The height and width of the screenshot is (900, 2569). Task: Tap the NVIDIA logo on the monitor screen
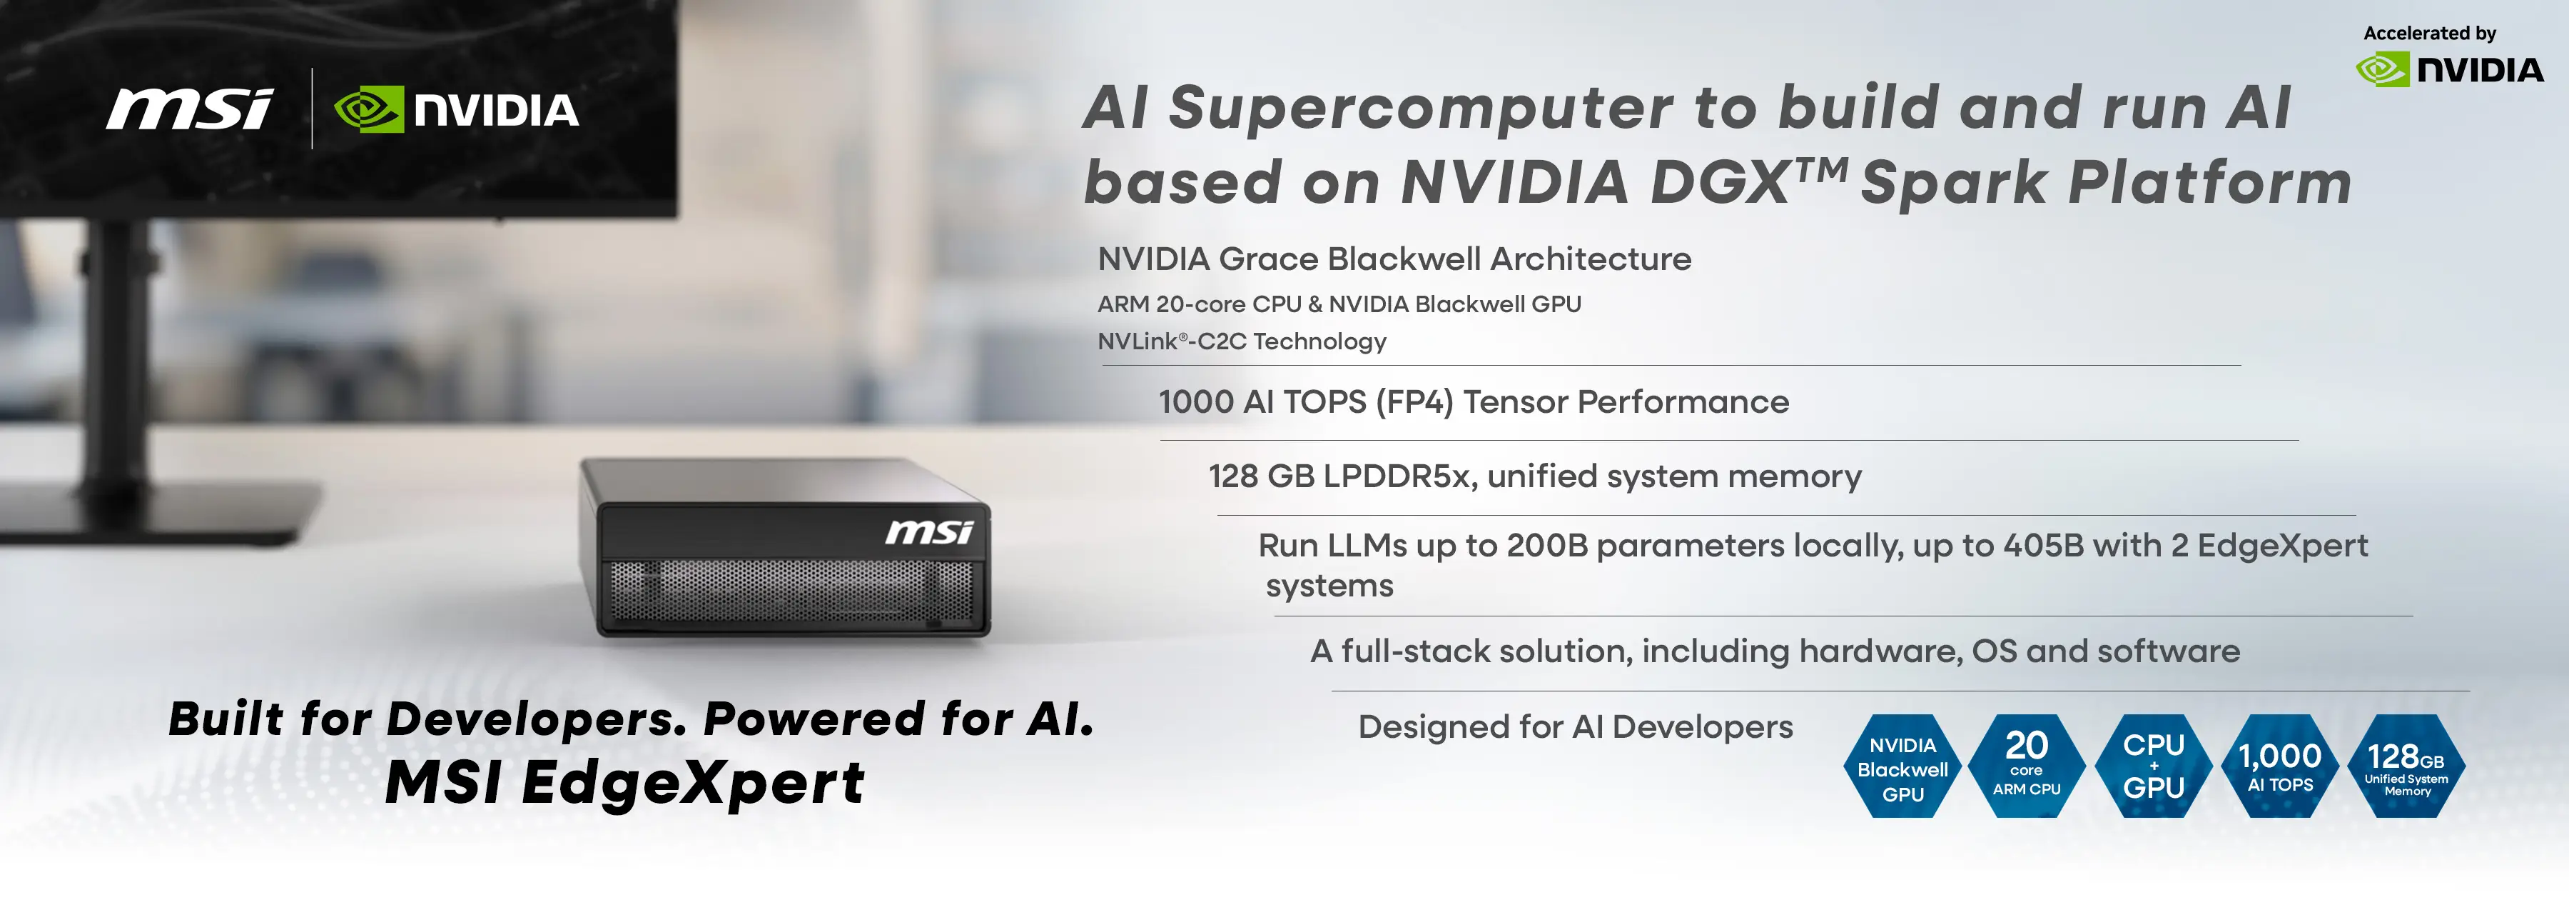tap(456, 110)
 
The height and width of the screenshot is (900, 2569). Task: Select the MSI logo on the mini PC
tap(928, 532)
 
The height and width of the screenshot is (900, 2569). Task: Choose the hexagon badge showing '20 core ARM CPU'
tap(2027, 766)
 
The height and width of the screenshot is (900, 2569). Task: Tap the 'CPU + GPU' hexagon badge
tap(2153, 766)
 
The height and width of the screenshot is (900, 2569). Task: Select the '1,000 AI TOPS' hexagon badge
tap(2280, 766)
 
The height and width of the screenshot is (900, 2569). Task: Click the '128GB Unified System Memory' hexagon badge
tap(2406, 766)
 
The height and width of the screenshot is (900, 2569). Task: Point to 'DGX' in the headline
tap(1721, 183)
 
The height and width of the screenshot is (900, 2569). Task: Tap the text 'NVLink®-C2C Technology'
tap(1242, 341)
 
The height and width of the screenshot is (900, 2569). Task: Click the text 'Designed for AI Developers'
tap(1575, 726)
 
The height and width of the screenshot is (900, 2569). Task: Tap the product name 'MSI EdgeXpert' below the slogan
tap(624, 782)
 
